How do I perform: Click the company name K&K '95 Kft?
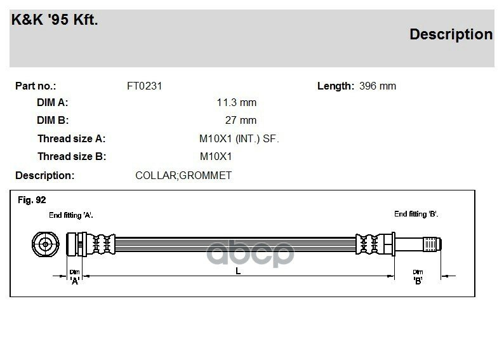tap(55, 21)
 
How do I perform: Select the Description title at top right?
tap(451, 34)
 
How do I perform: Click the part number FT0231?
tap(145, 86)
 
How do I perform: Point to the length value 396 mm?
tap(377, 86)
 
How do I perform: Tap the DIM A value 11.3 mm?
tap(236, 102)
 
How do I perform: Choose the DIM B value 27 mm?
tap(241, 120)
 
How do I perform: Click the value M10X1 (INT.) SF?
tap(239, 138)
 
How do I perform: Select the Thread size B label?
tap(72, 156)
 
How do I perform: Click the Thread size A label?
tap(72, 138)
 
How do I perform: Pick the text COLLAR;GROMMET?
tap(183, 175)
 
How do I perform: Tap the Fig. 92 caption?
tap(32, 200)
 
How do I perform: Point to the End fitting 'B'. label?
tap(416, 214)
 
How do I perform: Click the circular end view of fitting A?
tap(45, 244)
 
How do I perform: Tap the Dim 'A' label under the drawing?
tap(75, 276)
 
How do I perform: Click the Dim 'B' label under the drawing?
tap(418, 276)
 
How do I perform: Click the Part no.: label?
tap(36, 86)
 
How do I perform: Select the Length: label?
tap(335, 86)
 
